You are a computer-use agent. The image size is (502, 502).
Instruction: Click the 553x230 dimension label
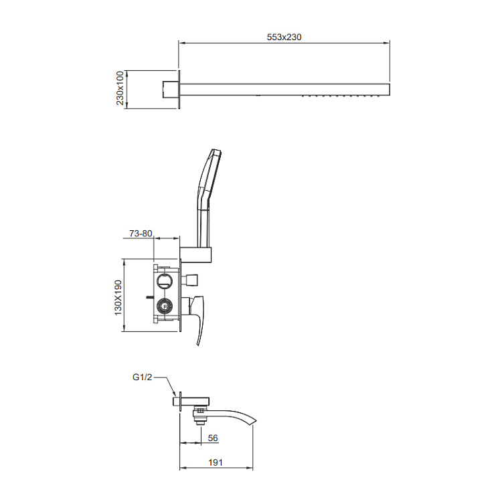(284, 37)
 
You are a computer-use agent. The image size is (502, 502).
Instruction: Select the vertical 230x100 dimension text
(120, 89)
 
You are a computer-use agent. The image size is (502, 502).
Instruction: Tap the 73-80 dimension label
(141, 234)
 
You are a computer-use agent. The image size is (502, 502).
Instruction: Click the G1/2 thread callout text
(143, 378)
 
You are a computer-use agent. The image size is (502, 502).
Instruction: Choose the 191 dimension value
(216, 463)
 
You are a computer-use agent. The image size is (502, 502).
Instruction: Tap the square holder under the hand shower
(197, 254)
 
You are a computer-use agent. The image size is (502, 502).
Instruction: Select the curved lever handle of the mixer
(199, 321)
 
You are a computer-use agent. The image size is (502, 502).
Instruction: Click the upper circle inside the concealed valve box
(165, 280)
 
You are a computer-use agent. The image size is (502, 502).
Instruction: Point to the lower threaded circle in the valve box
(164, 308)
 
